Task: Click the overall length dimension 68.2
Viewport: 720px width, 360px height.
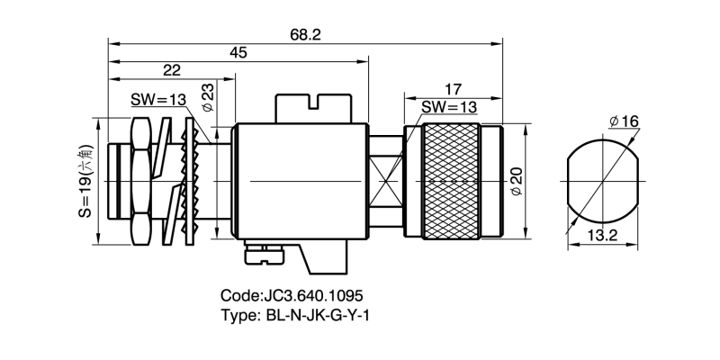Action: coord(304,33)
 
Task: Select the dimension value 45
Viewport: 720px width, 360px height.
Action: coord(238,53)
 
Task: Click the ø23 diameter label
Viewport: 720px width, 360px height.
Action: coord(207,97)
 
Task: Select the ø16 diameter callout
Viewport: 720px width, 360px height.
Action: coord(624,121)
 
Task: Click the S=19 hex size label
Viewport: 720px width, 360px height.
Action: coord(84,183)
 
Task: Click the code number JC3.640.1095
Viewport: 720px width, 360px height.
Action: coord(292,295)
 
